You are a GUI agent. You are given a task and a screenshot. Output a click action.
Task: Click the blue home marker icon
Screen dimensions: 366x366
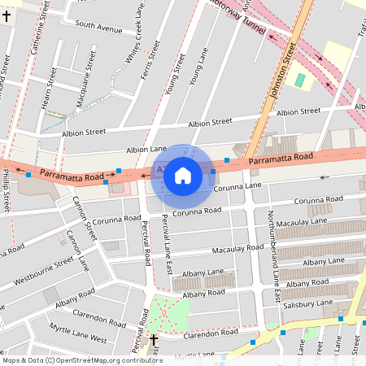click(x=182, y=175)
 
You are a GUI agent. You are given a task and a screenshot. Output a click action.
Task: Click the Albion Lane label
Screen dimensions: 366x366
click(x=146, y=150)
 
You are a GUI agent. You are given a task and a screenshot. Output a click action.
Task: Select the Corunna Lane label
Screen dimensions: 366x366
click(x=237, y=186)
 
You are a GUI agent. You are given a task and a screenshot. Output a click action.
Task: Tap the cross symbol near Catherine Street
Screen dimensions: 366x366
click(x=7, y=16)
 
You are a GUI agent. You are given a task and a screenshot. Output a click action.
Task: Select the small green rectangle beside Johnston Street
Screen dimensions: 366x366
click(x=300, y=81)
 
